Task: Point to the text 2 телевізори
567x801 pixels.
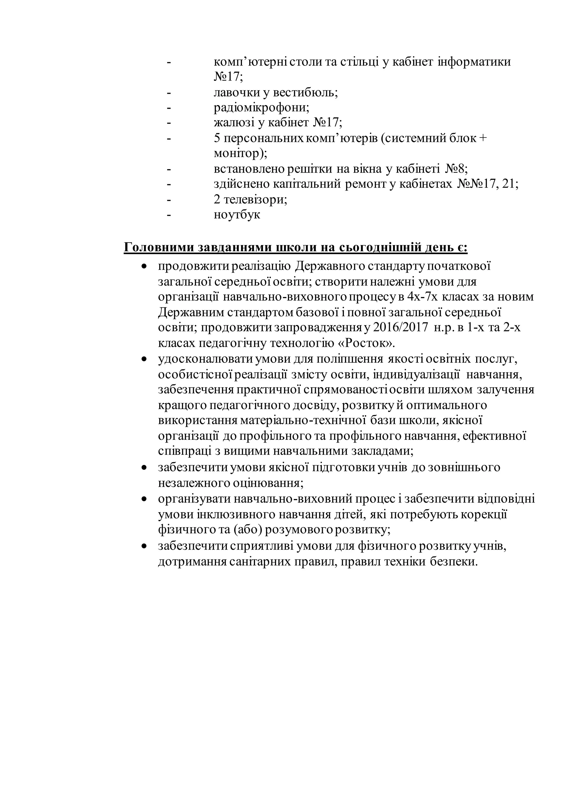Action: click(250, 199)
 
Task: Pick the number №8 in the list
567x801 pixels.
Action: click(456, 169)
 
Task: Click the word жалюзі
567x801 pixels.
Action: click(233, 123)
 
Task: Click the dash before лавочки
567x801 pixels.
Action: click(169, 93)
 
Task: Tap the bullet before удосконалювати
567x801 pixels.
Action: click(143, 359)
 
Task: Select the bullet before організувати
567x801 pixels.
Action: click(143, 500)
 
